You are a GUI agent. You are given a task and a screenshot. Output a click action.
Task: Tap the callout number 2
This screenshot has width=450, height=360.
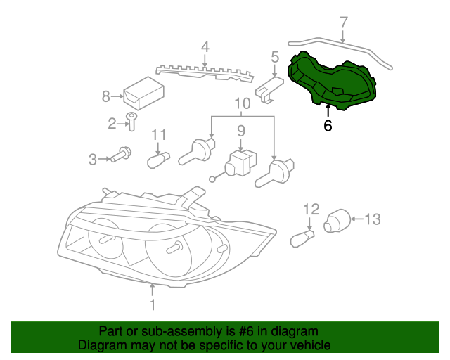112,124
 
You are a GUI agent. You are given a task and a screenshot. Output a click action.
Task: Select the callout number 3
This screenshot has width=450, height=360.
92,160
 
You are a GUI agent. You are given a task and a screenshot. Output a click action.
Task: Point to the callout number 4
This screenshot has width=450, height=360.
205,48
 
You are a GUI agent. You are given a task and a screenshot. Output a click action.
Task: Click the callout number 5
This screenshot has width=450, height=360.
275,57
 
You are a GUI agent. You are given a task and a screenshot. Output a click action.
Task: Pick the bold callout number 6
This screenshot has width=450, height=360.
328,126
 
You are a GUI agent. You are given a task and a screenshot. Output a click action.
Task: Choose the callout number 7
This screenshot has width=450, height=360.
343,22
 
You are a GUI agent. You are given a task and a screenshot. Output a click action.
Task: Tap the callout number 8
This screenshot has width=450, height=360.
107,96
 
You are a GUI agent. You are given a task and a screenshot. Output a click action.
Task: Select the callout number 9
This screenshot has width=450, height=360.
240,130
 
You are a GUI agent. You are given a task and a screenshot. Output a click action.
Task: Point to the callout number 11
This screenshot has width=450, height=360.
158,134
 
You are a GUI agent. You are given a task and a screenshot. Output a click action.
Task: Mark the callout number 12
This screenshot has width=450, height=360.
311,209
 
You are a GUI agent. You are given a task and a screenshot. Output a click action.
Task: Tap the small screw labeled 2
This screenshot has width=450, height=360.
131,121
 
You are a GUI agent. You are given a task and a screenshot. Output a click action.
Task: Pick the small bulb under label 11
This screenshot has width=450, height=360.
159,161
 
